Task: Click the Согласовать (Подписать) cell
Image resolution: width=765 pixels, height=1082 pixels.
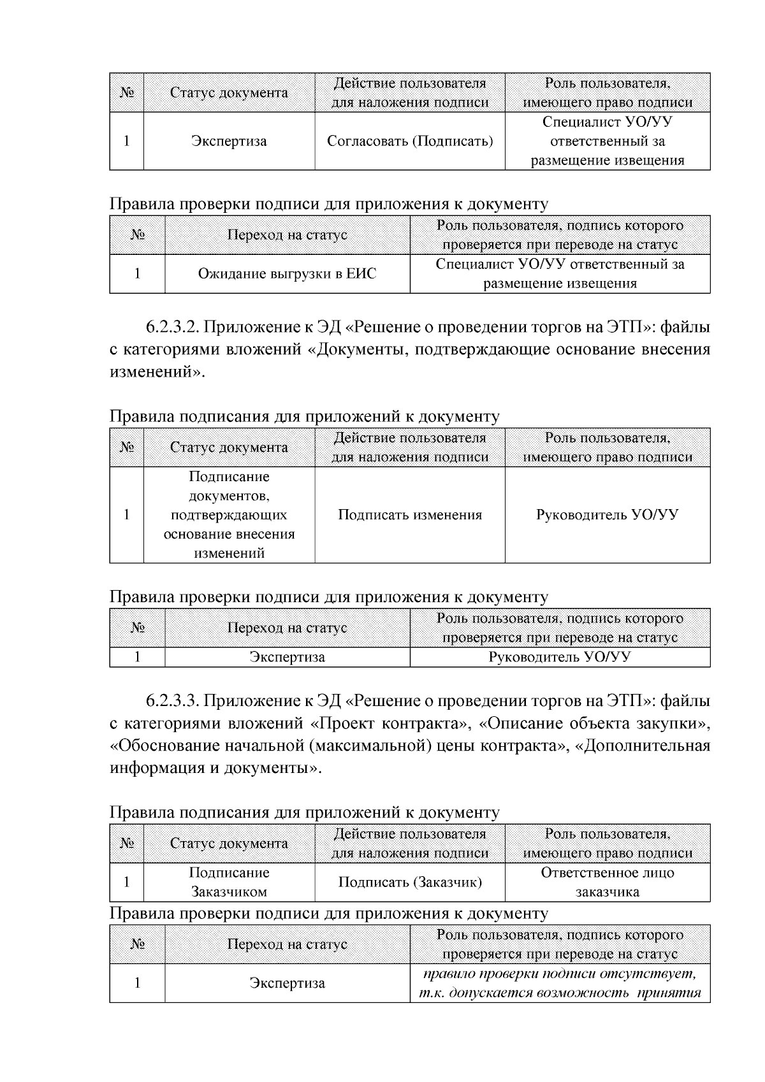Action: click(410, 141)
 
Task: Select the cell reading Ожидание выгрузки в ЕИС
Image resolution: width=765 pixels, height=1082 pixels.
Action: click(287, 274)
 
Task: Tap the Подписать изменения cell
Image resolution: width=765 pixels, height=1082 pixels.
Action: click(410, 515)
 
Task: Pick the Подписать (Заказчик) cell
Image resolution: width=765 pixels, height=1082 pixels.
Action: click(410, 882)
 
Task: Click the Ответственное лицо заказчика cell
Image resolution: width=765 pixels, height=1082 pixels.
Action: click(608, 882)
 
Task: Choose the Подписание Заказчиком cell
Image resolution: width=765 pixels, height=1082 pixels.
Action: click(229, 882)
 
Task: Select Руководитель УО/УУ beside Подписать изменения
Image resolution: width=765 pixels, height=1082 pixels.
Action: click(608, 515)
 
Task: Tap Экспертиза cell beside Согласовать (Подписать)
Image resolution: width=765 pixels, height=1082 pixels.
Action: click(229, 141)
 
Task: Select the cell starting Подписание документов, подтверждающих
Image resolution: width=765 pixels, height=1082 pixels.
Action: click(229, 515)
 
